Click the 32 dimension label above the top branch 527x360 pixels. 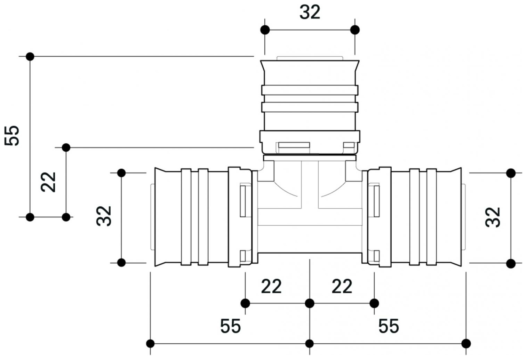click(310, 13)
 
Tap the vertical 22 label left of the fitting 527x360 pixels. click(49, 182)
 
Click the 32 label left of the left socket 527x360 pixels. click(104, 216)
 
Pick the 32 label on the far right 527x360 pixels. click(493, 217)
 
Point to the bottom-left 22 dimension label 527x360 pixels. click(271, 287)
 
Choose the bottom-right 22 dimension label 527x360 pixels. click(342, 287)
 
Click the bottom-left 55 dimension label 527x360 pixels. click(230, 326)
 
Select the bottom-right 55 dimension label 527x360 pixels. click(389, 326)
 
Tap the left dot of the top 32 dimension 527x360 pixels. click(265, 30)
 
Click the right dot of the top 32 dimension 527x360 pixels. click(355, 30)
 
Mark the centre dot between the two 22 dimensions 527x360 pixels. click(310, 303)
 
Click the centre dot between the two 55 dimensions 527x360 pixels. click(310, 344)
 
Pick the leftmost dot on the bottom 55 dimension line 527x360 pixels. click(150, 344)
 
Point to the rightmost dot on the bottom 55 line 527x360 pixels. click(466, 344)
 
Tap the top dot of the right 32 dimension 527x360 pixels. click(511, 173)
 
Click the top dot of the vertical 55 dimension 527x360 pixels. click(30, 56)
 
